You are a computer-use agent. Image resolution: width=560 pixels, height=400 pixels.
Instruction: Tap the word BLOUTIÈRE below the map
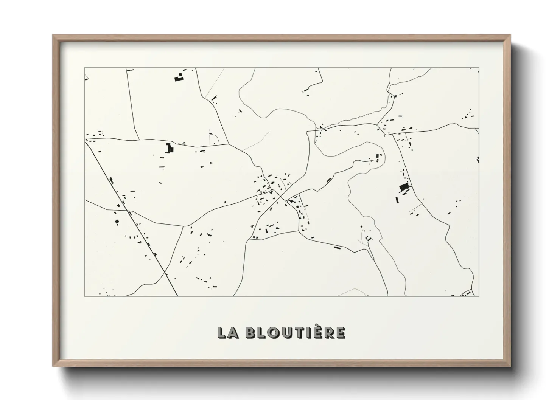click(x=295, y=332)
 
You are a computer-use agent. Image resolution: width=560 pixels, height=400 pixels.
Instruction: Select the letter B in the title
click(x=250, y=333)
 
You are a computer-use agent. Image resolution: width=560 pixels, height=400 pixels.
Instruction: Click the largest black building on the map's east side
click(x=404, y=187)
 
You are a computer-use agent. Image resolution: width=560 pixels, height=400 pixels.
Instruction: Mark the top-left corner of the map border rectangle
click(x=84, y=68)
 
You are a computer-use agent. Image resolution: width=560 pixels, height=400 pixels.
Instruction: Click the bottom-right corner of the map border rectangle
click(x=479, y=296)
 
